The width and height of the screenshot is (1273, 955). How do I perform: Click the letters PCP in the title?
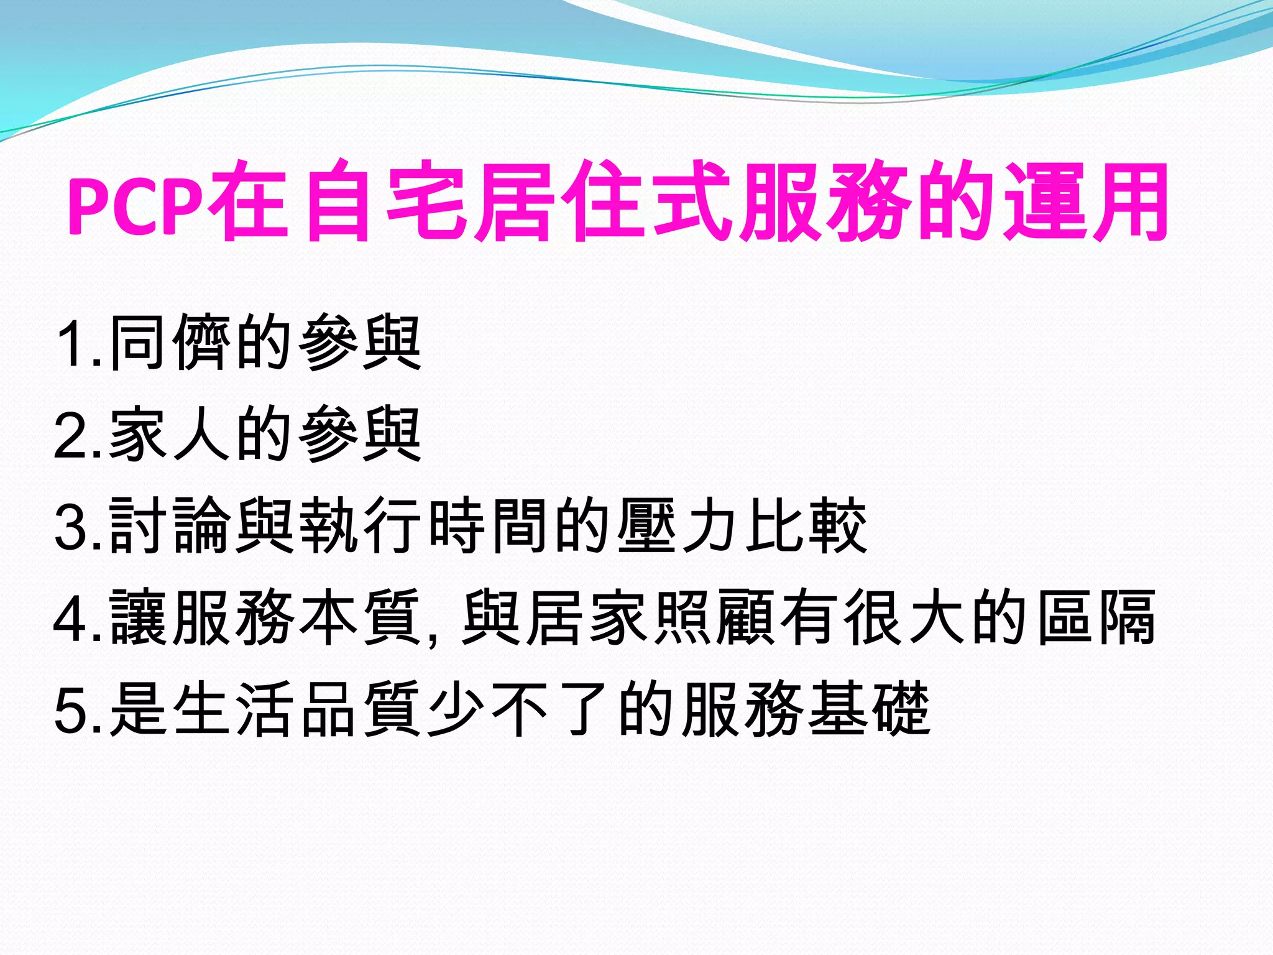click(x=136, y=205)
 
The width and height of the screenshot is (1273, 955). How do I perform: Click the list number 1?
click(x=75, y=344)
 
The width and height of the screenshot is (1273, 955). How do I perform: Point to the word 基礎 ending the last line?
click(x=870, y=709)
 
